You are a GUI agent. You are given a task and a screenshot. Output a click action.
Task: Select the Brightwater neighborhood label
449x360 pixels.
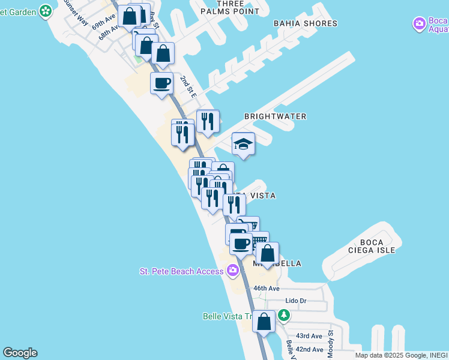[x=275, y=116]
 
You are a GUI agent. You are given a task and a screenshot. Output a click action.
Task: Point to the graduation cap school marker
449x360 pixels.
[x=243, y=144]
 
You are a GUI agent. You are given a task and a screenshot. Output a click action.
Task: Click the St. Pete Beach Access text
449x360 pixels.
[x=181, y=271]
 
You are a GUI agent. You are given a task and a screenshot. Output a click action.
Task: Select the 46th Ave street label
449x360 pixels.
[x=266, y=289]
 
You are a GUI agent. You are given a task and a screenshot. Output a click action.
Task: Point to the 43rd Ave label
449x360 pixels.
[x=309, y=336]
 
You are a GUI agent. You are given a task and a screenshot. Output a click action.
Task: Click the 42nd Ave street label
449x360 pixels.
[x=310, y=349]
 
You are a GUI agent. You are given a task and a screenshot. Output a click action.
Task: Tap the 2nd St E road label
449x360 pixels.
[x=188, y=87]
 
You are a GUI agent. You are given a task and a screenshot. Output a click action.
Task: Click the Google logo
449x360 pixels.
[x=20, y=353]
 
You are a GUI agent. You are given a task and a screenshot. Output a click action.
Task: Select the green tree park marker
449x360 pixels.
[x=284, y=314]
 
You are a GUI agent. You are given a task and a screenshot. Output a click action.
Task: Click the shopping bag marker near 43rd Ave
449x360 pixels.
[x=264, y=322]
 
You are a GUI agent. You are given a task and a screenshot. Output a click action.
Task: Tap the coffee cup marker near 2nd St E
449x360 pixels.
[x=161, y=83]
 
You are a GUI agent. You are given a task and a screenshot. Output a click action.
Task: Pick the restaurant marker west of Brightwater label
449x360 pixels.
[x=208, y=121]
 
